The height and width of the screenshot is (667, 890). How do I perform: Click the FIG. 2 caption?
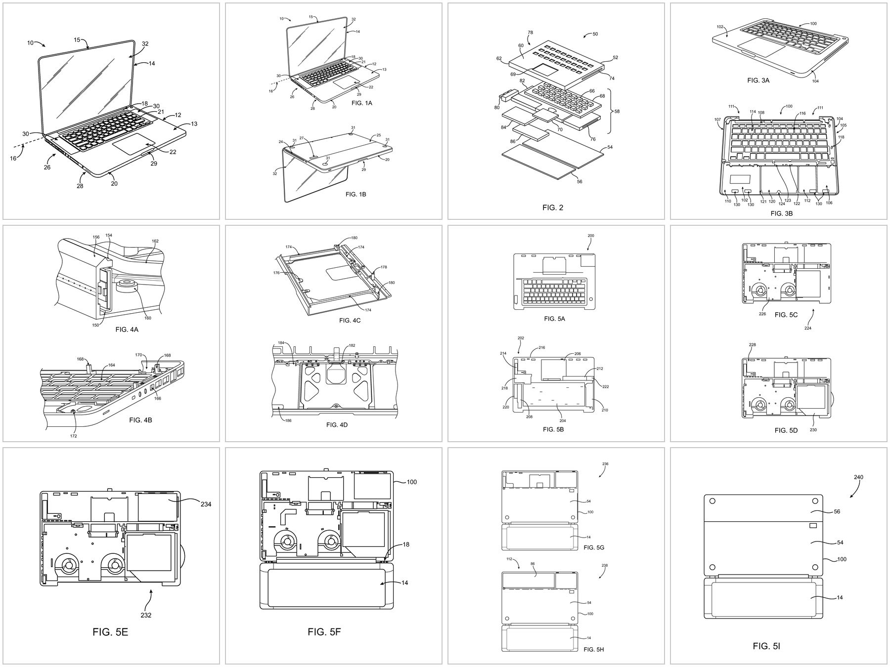[552, 208]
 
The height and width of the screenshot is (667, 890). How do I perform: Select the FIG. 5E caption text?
[110, 631]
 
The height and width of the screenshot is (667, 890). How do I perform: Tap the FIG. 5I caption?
[766, 646]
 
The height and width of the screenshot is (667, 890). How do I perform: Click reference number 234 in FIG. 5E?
[206, 504]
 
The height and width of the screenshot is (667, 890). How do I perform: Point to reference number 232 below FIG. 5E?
[146, 615]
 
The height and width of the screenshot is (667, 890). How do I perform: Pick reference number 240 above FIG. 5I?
[859, 477]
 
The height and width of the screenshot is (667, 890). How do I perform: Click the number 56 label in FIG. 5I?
[837, 512]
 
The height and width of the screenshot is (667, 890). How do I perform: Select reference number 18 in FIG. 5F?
[405, 544]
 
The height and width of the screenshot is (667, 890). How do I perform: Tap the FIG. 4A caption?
[127, 329]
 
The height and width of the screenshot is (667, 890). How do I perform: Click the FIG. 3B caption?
[781, 213]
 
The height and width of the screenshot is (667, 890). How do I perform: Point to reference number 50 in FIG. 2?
[595, 34]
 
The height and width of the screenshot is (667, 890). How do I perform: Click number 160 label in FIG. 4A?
[147, 318]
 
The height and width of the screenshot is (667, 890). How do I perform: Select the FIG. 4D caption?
[337, 424]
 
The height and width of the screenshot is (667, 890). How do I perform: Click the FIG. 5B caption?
[553, 429]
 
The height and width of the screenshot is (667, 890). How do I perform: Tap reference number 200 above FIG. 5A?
[591, 236]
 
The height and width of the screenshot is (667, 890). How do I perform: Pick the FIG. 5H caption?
[593, 649]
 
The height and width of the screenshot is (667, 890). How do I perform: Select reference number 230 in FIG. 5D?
[813, 429]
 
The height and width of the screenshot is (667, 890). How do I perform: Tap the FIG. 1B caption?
[356, 194]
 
